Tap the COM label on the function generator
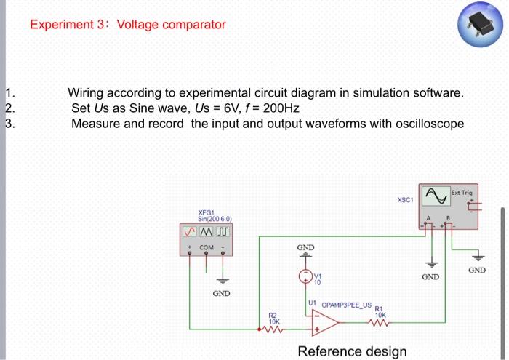point(207,247)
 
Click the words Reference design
point(352,351)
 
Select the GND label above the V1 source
point(305,248)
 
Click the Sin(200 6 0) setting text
point(215,219)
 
